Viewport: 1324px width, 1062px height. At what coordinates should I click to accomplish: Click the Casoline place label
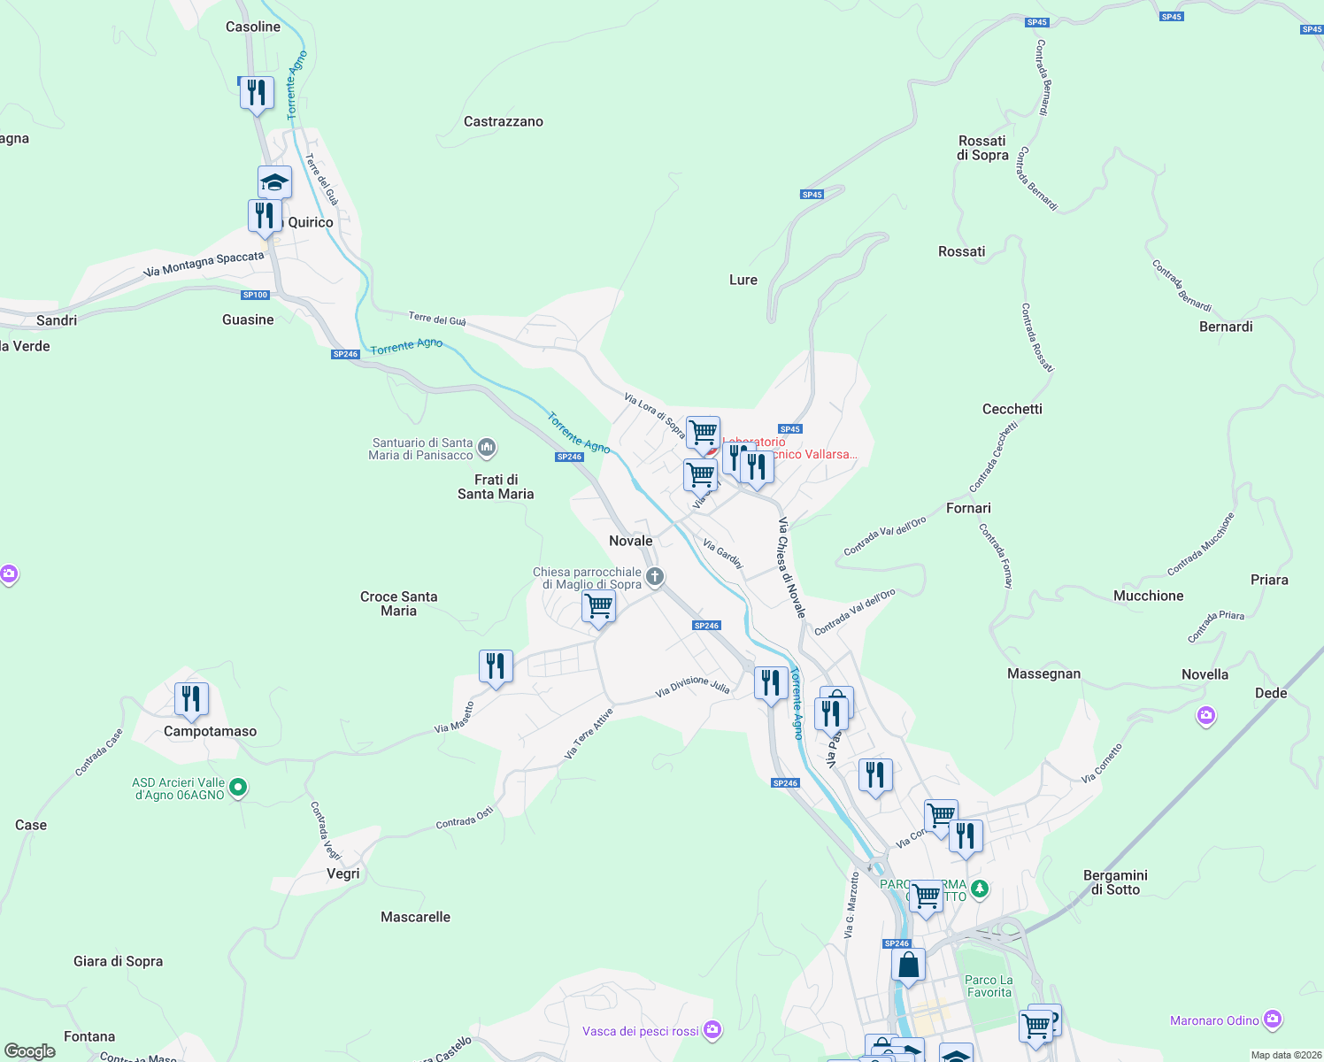pyautogui.click(x=253, y=27)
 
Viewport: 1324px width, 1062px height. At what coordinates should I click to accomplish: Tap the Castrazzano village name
pyautogui.click(x=503, y=121)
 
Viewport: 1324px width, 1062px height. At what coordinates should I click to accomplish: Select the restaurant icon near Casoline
pyautogui.click(x=257, y=92)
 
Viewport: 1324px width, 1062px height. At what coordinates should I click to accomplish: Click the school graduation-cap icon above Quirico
pyautogui.click(x=274, y=182)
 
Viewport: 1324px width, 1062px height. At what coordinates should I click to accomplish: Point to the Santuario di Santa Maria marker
pyautogui.click(x=487, y=448)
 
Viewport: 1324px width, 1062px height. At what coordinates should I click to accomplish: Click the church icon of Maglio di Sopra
pyautogui.click(x=655, y=578)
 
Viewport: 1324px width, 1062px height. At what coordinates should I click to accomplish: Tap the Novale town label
pyautogui.click(x=630, y=541)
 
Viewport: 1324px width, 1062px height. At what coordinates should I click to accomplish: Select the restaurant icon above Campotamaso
pyautogui.click(x=191, y=699)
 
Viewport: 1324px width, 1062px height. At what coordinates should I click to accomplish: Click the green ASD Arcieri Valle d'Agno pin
pyautogui.click(x=238, y=787)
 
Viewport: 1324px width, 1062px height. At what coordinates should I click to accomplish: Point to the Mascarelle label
pyautogui.click(x=415, y=917)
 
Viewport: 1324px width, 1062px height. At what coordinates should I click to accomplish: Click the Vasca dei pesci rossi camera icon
pyautogui.click(x=713, y=1030)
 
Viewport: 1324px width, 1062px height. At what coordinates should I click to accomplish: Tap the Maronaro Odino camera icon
pyautogui.click(x=1273, y=1020)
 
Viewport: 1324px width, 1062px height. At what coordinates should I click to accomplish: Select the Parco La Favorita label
pyautogui.click(x=989, y=986)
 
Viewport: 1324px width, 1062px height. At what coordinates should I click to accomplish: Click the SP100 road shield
pyautogui.click(x=255, y=295)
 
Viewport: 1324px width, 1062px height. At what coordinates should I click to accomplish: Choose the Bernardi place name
pyautogui.click(x=1225, y=327)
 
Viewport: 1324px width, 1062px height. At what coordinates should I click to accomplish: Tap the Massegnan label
pyautogui.click(x=1043, y=673)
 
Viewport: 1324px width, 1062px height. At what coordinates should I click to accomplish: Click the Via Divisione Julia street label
pyautogui.click(x=692, y=686)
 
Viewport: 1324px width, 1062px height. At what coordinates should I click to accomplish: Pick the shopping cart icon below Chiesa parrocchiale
pyautogui.click(x=599, y=607)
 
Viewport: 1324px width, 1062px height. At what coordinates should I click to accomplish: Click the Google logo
pyautogui.click(x=30, y=1051)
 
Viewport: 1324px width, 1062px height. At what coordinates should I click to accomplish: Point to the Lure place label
pyautogui.click(x=743, y=280)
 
